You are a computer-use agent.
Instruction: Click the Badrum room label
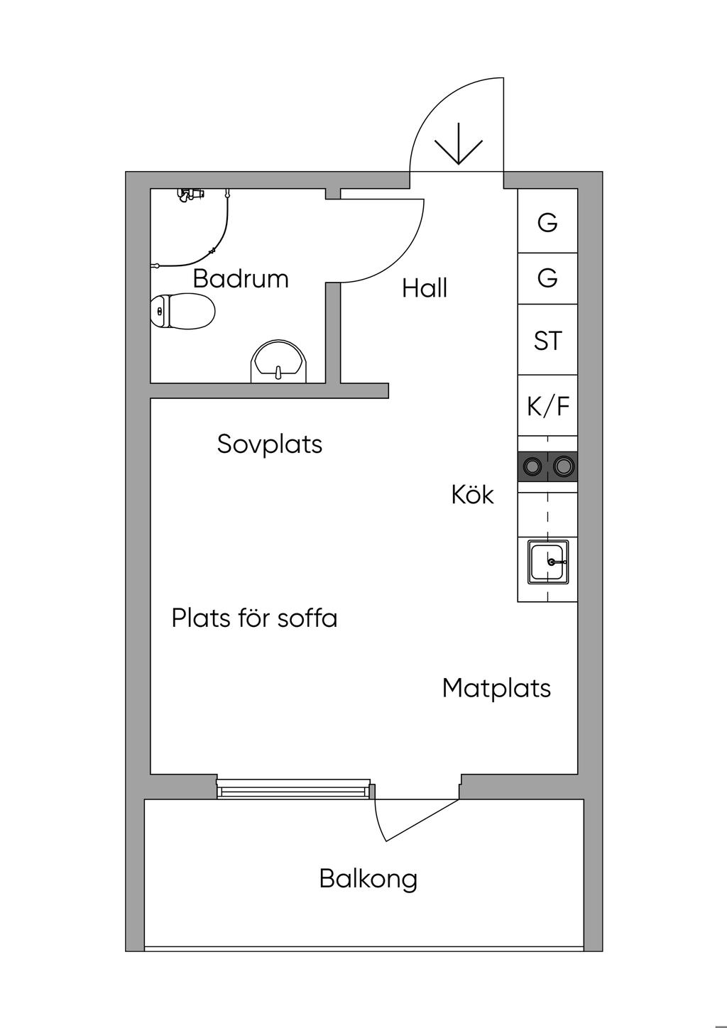pyautogui.click(x=241, y=278)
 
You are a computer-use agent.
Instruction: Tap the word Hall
pyautogui.click(x=425, y=288)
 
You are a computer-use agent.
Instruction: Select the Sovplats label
pyautogui.click(x=270, y=444)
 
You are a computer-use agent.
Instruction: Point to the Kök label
pyautogui.click(x=473, y=494)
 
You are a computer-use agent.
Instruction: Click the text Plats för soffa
pyautogui.click(x=255, y=618)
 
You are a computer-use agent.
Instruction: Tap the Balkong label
pyautogui.click(x=368, y=879)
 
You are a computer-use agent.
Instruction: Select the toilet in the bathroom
pyautogui.click(x=182, y=311)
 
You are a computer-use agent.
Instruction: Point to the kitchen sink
pyautogui.click(x=548, y=562)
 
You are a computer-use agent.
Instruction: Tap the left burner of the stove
pyautogui.click(x=533, y=466)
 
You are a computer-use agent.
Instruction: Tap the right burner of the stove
pyautogui.click(x=563, y=466)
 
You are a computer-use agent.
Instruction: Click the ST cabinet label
pyautogui.click(x=547, y=341)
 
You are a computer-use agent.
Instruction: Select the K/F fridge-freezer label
pyautogui.click(x=548, y=406)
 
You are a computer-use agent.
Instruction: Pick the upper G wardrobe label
pyautogui.click(x=547, y=223)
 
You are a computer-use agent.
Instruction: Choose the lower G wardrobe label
pyautogui.click(x=547, y=278)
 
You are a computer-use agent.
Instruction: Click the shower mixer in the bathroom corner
pyautogui.click(x=190, y=194)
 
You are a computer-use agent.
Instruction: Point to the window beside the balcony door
pyautogui.click(x=293, y=788)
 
